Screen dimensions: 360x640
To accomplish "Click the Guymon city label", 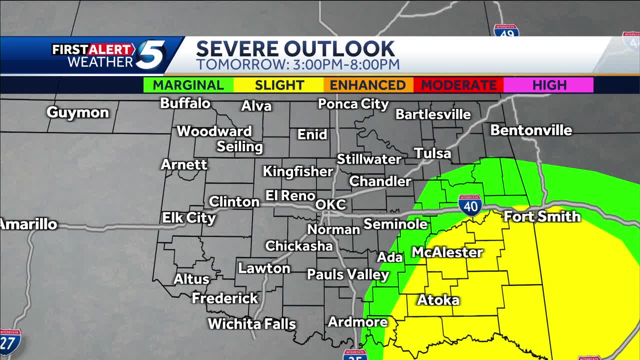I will [77, 112].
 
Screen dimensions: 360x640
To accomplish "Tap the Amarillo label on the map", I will [28, 224].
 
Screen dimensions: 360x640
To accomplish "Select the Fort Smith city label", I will [542, 216].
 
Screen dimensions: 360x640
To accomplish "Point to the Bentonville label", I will [531, 130].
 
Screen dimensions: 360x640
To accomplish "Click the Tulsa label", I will [432, 153].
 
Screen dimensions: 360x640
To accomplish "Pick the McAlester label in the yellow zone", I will [447, 252].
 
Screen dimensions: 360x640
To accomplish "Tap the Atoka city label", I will [438, 300].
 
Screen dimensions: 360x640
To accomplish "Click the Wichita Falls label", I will [252, 324].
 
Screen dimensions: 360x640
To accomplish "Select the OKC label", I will [330, 205].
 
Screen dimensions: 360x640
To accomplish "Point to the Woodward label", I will [214, 131].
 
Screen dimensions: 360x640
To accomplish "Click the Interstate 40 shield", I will [470, 205].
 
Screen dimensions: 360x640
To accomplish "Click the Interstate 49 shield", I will [506, 31].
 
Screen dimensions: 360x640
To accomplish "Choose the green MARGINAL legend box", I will [188, 85].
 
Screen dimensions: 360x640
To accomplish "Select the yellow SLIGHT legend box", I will [279, 85].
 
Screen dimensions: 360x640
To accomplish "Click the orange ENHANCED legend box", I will [368, 85].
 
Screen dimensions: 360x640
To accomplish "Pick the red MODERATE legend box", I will [458, 85].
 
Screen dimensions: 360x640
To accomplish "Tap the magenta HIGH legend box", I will [548, 85].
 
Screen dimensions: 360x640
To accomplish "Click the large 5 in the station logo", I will [150, 55].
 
